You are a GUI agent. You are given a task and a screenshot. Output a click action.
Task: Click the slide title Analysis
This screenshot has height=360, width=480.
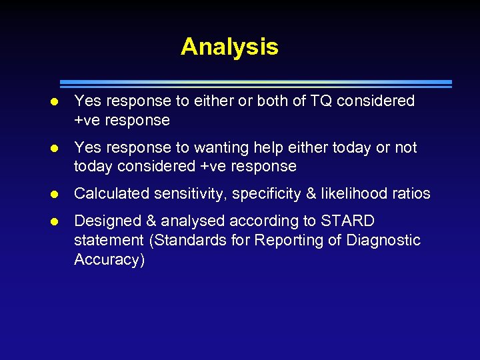click(x=229, y=47)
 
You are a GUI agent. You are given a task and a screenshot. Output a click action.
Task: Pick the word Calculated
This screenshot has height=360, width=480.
click(x=111, y=193)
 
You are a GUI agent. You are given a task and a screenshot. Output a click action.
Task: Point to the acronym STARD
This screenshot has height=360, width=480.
click(x=347, y=221)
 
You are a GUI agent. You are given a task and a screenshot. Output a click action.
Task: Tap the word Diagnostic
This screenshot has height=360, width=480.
click(x=383, y=240)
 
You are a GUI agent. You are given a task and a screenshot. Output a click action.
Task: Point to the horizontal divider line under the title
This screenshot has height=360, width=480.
click(x=256, y=84)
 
